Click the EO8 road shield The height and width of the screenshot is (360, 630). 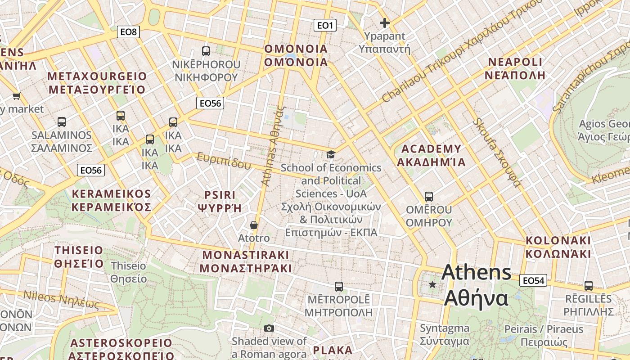128,32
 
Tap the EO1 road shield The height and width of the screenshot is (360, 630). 325,25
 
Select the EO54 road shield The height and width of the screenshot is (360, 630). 533,281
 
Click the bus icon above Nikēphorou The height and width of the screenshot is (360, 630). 206,51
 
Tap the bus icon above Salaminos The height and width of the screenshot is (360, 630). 62,121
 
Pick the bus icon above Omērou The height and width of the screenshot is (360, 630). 429,197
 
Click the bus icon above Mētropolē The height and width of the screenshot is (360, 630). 339,286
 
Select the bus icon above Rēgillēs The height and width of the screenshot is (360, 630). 588,285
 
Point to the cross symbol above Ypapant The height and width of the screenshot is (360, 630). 385,22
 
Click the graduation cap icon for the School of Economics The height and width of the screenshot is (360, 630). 331,154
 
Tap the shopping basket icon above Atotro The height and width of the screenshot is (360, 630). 254,225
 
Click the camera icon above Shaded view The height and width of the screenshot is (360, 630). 269,328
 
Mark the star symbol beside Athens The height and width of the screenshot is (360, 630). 432,284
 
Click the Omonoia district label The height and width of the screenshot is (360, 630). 296,55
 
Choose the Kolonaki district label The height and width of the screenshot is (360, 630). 558,247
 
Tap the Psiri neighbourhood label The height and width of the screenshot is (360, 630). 220,201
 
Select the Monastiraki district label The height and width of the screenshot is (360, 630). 246,261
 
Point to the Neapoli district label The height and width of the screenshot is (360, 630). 515,68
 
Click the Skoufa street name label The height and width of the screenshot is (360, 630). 497,153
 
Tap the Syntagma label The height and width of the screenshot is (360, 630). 445,334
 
